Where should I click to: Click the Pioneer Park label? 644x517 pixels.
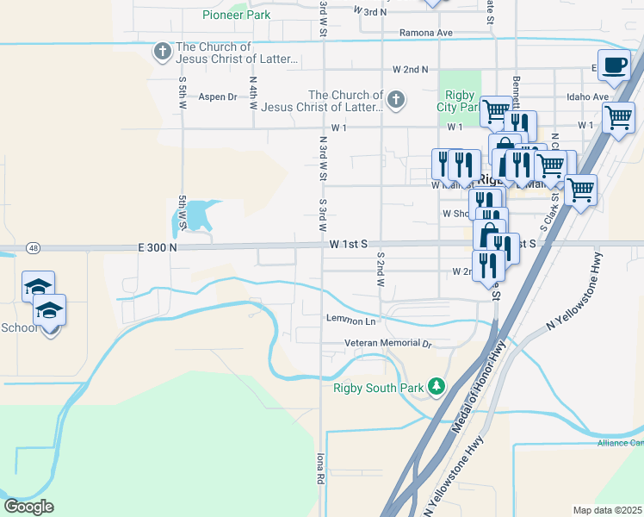point(236,15)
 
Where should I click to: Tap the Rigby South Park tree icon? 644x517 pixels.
point(436,385)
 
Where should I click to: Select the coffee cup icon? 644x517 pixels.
point(615,66)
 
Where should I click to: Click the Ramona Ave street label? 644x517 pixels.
point(425,33)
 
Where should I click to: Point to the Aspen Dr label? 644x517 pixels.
point(217,97)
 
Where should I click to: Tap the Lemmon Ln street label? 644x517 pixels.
point(351,321)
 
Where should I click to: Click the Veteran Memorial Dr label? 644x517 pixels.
point(387,343)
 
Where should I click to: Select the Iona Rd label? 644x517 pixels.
point(320,466)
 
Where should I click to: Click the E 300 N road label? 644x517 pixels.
point(158,246)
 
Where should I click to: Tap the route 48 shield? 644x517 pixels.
point(33,247)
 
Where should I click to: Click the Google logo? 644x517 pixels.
point(28,506)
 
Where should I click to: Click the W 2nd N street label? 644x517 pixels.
point(410,68)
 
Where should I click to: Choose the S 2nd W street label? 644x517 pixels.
point(379,269)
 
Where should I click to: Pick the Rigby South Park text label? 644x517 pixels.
point(379,387)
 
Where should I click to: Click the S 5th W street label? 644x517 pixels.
point(183,91)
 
